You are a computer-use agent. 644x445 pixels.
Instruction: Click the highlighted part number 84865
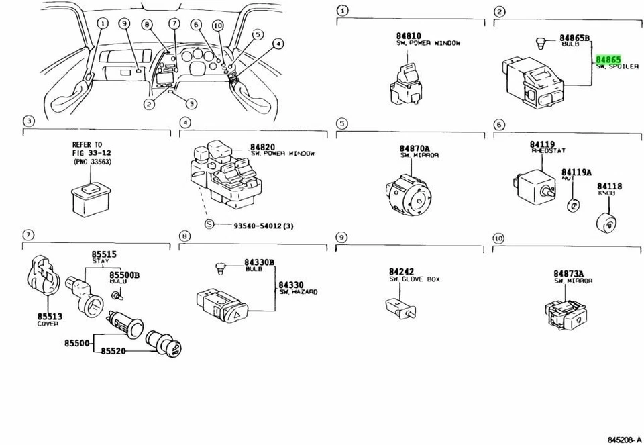pyautogui.click(x=608, y=60)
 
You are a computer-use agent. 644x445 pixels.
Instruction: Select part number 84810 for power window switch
pyautogui.click(x=408, y=36)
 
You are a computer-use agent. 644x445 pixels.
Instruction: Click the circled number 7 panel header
pyautogui.click(x=28, y=235)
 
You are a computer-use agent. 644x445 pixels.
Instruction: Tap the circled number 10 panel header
pyautogui.click(x=498, y=238)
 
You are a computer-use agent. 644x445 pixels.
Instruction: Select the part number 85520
pyautogui.click(x=115, y=351)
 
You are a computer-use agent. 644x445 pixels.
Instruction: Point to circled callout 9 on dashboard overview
pyautogui.click(x=123, y=23)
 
